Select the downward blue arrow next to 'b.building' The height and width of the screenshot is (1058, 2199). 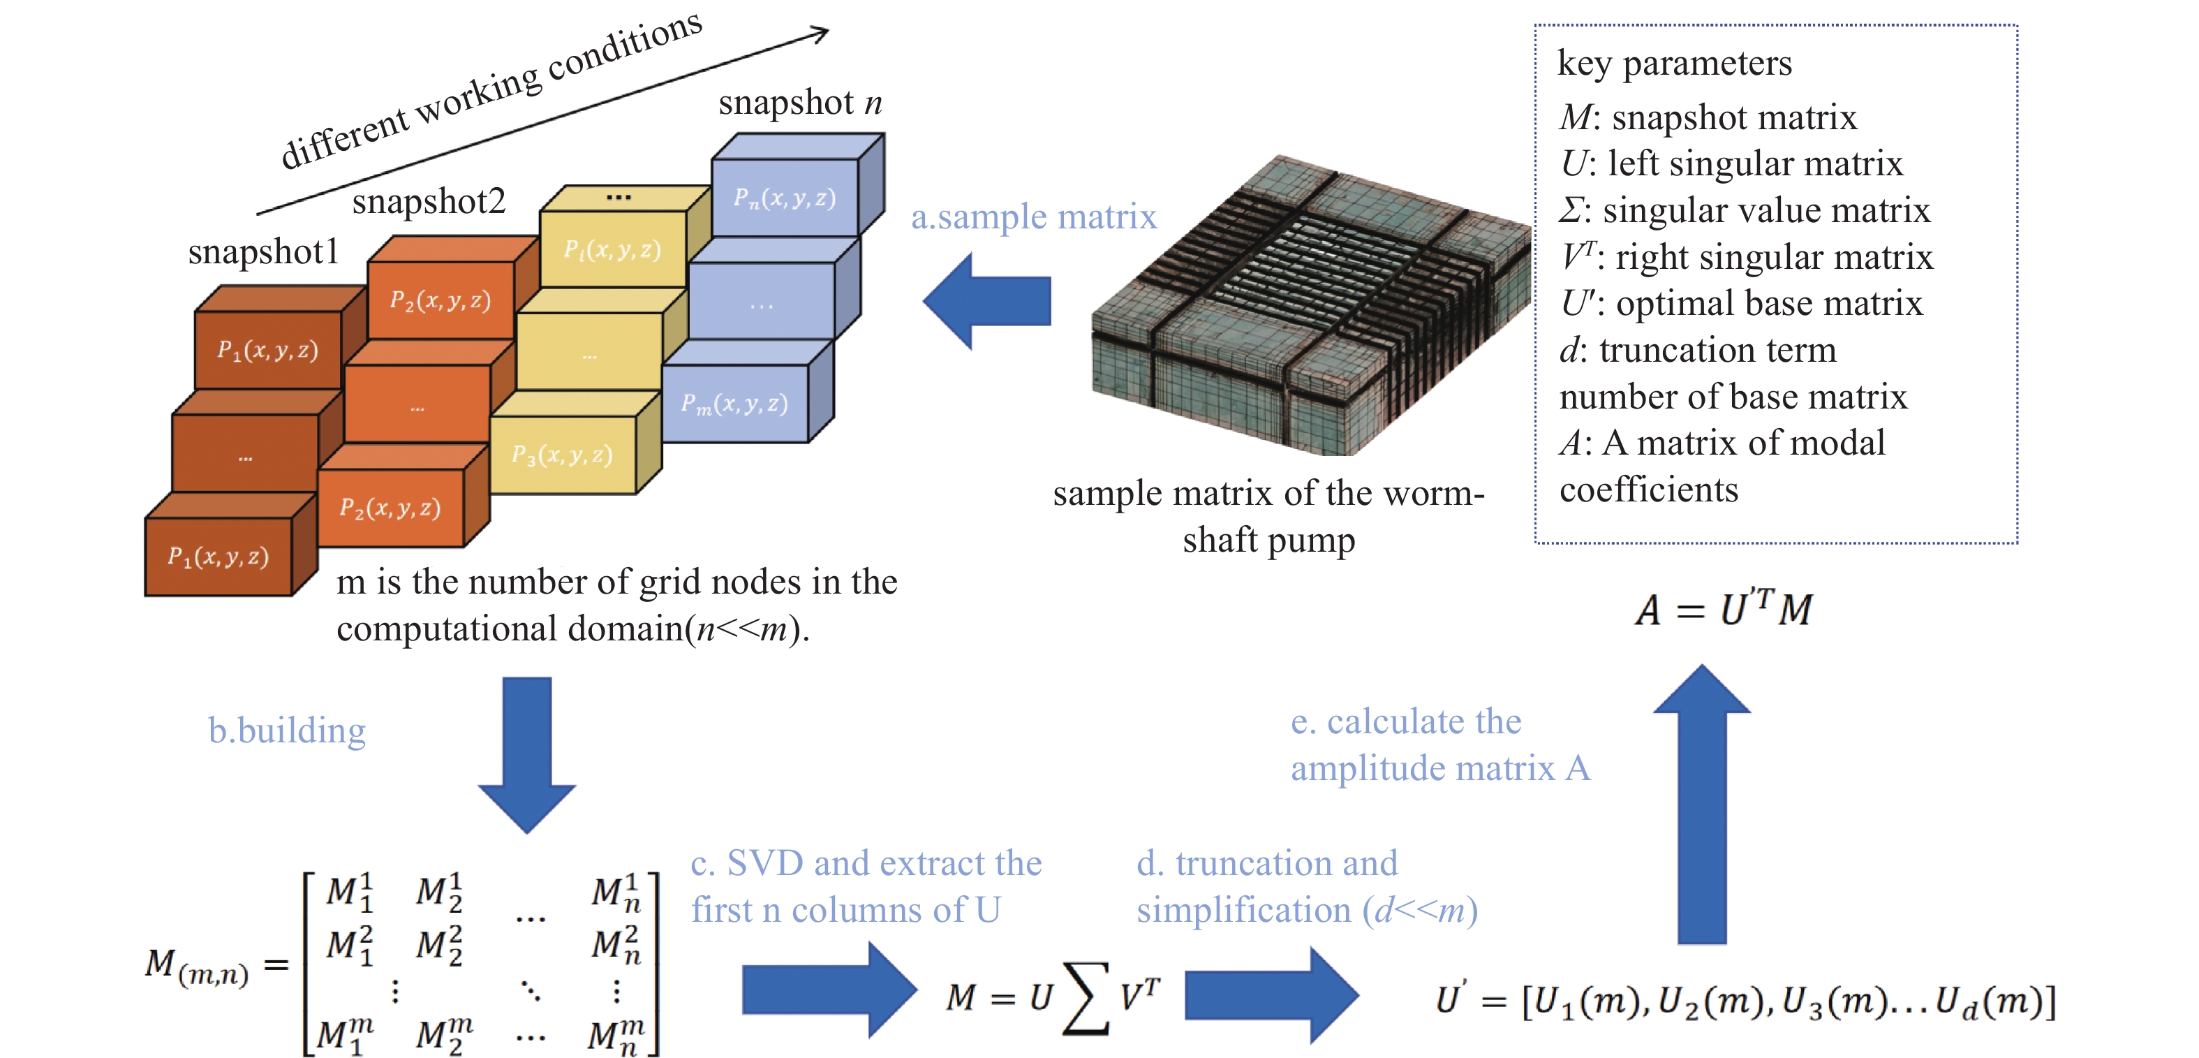coord(526,752)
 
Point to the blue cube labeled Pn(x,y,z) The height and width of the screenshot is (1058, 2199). coord(785,198)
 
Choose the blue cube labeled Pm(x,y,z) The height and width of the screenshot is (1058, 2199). coord(734,404)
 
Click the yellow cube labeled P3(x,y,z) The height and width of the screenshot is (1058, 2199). coord(562,455)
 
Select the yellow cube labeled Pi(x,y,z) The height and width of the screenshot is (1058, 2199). coord(612,249)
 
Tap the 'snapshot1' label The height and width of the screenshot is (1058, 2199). coord(263,252)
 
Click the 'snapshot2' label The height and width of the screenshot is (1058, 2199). coord(429,202)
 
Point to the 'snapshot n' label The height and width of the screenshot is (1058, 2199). coord(800,103)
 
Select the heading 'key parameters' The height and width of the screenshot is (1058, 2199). coord(1674,63)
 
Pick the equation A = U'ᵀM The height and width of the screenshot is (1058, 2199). coord(1724,609)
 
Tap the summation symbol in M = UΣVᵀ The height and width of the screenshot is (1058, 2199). coord(1086,997)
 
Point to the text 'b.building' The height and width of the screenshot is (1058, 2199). coord(287,731)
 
